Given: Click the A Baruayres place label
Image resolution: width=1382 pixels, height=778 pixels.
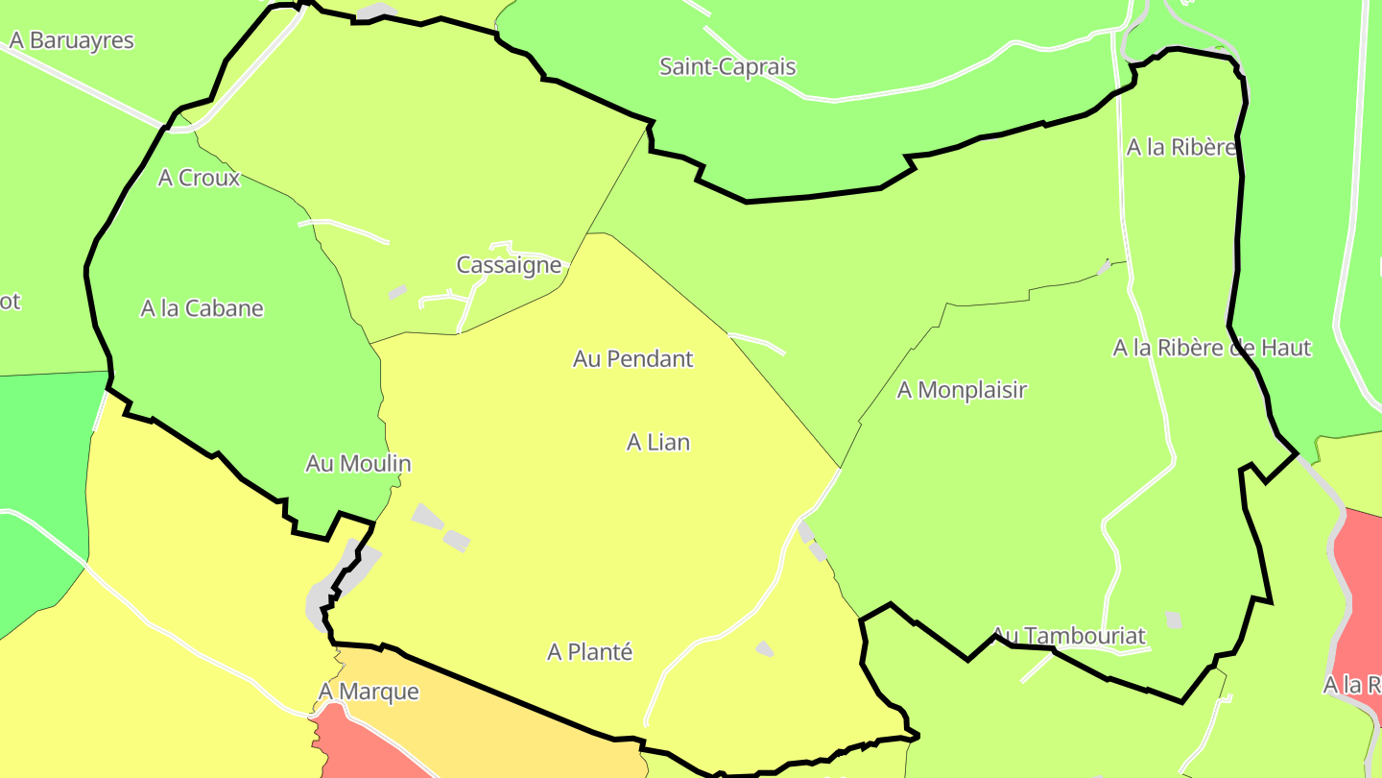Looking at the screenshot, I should [72, 41].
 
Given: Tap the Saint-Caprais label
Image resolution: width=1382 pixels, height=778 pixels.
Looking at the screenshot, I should [727, 67].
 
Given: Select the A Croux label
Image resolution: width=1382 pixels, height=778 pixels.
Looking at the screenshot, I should [200, 178].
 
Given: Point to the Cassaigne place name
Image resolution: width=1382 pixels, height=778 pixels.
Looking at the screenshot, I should [509, 265].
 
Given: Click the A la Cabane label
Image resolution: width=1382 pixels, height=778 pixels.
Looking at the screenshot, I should [202, 308].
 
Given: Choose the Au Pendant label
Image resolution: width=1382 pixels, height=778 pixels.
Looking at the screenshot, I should [632, 359].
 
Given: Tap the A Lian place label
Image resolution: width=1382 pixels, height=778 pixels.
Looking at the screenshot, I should [658, 443].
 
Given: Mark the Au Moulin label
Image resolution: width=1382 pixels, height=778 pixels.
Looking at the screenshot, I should [358, 464].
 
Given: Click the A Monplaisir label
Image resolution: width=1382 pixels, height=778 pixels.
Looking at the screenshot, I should [962, 390].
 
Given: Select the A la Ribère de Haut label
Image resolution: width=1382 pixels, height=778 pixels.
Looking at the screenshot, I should [1211, 348].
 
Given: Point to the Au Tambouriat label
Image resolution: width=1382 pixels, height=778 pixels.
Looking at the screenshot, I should [1068, 636].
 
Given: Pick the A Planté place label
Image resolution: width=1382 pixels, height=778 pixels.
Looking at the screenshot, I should [589, 652].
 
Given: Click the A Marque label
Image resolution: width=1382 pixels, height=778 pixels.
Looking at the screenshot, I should [369, 692].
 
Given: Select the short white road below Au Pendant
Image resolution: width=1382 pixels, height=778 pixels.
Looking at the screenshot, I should [757, 342].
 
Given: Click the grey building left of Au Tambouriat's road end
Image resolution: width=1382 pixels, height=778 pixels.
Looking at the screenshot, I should [1172, 620].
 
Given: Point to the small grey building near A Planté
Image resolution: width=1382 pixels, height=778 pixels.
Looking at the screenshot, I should [764, 649].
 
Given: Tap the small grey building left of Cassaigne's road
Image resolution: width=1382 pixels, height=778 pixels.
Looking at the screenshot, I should [397, 291].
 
